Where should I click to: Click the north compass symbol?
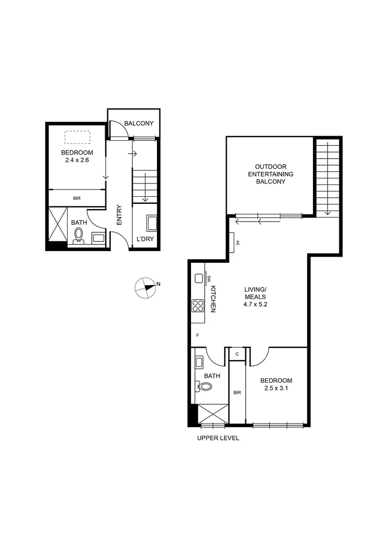pyautogui.click(x=146, y=287)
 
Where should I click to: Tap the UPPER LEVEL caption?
pyautogui.click(x=217, y=438)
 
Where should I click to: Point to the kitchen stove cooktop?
pyautogui.click(x=198, y=306)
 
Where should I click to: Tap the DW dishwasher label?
pyautogui.click(x=209, y=279)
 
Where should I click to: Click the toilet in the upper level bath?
pyautogui.click(x=205, y=387)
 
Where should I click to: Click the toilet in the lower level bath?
pyautogui.click(x=79, y=235)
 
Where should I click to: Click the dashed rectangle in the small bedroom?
pyautogui.click(x=77, y=137)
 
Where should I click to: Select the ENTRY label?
pyautogui.click(x=119, y=215)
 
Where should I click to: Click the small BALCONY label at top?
pyautogui.click(x=139, y=124)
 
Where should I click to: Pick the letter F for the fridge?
pyautogui.click(x=198, y=335)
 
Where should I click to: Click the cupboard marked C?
pyautogui.click(x=237, y=354)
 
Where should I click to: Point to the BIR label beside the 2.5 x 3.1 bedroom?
pyautogui.click(x=237, y=393)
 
